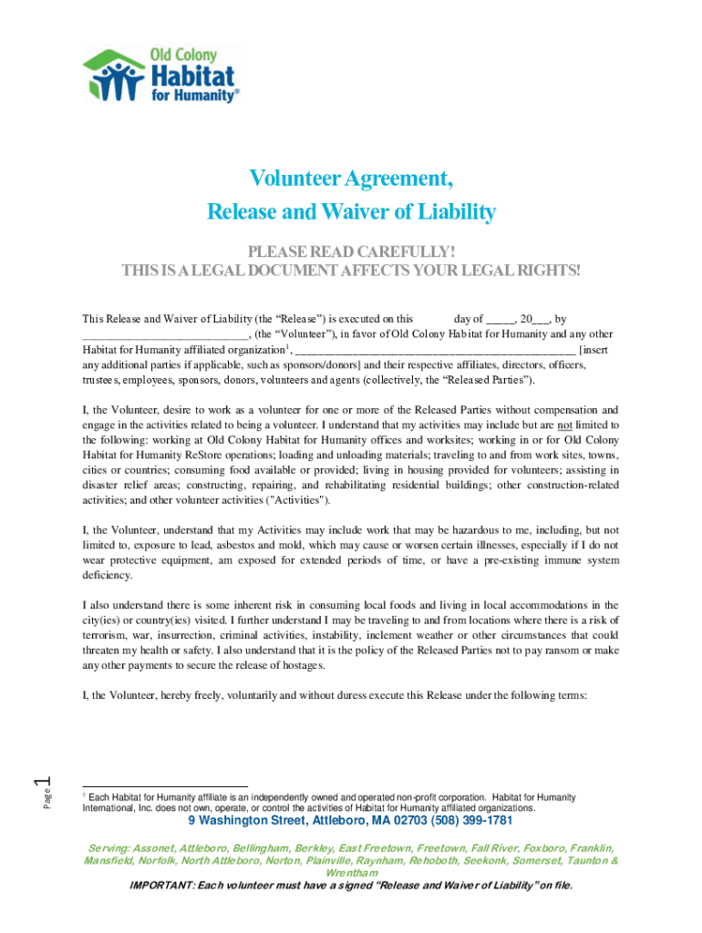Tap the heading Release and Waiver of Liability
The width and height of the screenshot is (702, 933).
(351, 213)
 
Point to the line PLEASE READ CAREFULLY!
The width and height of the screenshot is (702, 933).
(351, 252)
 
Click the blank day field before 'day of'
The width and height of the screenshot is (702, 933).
(434, 319)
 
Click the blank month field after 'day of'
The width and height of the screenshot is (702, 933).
(501, 320)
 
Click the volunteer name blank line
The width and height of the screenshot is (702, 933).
(165, 334)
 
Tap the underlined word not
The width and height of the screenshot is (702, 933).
(565, 425)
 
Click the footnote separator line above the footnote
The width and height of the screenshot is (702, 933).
(164, 786)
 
